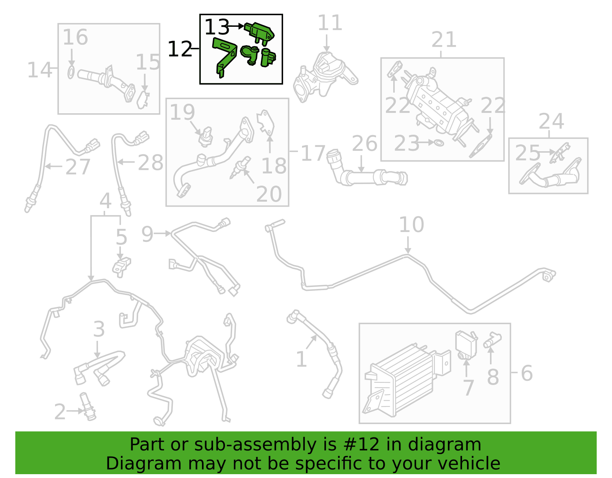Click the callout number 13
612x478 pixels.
click(x=216, y=27)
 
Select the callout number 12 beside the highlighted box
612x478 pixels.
click(x=180, y=49)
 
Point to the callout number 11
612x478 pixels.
click(x=330, y=23)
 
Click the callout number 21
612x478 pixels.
click(x=444, y=40)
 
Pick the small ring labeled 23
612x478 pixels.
click(x=439, y=143)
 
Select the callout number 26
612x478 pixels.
click(x=365, y=144)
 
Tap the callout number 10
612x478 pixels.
click(x=412, y=225)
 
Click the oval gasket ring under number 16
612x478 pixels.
click(x=71, y=72)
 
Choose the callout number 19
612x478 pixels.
click(x=182, y=112)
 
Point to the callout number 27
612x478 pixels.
click(x=78, y=167)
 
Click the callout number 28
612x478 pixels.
click(x=150, y=163)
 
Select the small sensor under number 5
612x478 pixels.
click(x=121, y=267)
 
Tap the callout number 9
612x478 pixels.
click(x=147, y=234)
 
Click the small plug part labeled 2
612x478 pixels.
click(x=88, y=407)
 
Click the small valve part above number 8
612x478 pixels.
click(x=492, y=340)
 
